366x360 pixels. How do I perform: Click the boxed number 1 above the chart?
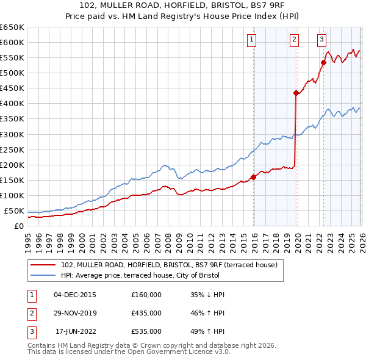252,40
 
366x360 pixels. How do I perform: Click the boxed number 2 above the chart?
294,40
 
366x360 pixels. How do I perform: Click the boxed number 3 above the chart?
321,40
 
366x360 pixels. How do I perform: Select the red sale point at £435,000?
296,93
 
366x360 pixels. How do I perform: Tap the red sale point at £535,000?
323,62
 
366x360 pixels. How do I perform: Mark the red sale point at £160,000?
253,177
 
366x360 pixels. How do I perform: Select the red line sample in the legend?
43,265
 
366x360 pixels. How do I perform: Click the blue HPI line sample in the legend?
43,275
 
